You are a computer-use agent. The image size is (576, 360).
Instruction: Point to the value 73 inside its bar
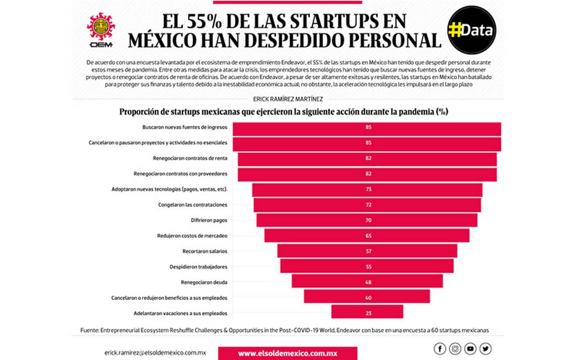pos(369,190)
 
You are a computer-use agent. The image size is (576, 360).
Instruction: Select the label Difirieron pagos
pos(208,220)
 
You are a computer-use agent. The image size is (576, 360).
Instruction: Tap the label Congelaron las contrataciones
pos(193,205)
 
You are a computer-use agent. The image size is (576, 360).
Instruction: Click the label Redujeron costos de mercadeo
pos(193,236)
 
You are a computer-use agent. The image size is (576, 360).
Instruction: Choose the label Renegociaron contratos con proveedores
pos(180,174)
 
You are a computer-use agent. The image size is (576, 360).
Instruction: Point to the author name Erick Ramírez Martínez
pos(288,99)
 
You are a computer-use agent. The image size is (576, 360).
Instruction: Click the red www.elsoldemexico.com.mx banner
pos(287,353)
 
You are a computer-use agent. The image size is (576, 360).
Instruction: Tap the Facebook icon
pos(440,348)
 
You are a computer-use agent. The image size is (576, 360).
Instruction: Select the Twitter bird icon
pos(486,348)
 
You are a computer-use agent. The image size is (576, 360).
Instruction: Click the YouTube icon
pos(470,348)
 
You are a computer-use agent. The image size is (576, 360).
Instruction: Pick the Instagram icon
pos(455,348)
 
